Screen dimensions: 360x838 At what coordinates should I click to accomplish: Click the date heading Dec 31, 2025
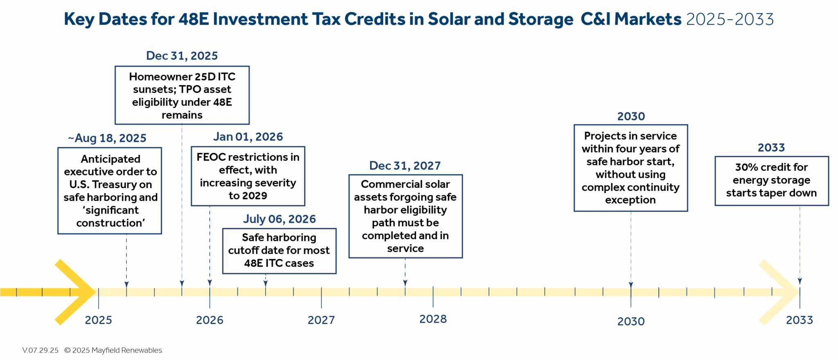click(x=182, y=56)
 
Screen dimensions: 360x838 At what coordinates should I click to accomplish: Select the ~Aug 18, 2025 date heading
click(x=107, y=138)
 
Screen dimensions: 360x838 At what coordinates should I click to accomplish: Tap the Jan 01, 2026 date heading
click(x=248, y=137)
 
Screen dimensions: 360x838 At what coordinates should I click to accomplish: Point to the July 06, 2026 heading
click(x=279, y=219)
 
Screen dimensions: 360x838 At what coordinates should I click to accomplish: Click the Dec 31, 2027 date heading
click(x=405, y=166)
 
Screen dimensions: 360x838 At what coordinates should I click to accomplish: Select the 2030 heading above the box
click(x=631, y=116)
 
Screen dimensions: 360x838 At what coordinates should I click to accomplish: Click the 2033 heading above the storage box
click(x=771, y=147)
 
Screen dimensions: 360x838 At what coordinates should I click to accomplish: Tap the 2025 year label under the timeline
click(x=98, y=320)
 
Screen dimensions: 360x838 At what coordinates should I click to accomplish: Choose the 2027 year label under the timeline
click(x=321, y=320)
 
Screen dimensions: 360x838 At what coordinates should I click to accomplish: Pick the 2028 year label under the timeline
click(x=433, y=319)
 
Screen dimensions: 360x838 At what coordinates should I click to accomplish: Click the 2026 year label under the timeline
click(x=209, y=320)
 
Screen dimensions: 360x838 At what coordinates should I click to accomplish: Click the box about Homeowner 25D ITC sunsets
click(x=182, y=95)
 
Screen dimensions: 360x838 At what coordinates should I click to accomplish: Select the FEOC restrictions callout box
click(x=248, y=176)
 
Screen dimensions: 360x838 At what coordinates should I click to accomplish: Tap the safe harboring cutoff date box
click(x=279, y=250)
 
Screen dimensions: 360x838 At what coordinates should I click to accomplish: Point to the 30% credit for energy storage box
click(x=771, y=180)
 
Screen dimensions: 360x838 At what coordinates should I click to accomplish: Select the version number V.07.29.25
click(x=40, y=350)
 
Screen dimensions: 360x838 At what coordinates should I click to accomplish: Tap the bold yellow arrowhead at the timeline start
click(x=78, y=292)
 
